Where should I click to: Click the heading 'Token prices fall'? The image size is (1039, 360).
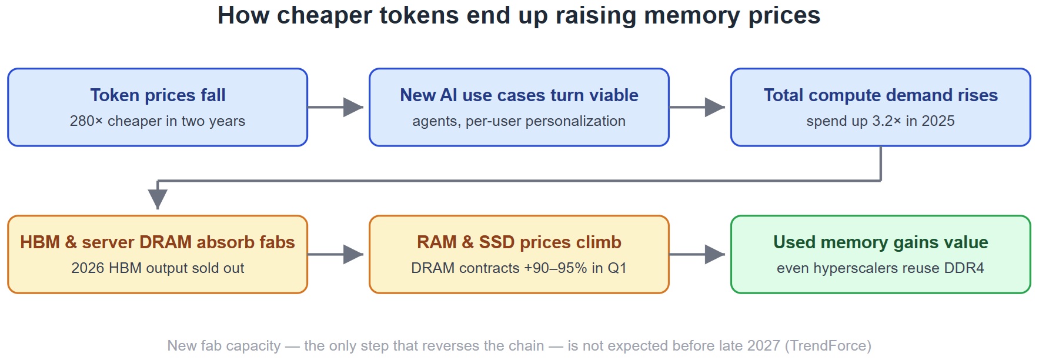pyautogui.click(x=158, y=95)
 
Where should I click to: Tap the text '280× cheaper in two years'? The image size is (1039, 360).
pyautogui.click(x=158, y=121)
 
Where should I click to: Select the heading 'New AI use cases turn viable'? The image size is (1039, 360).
pyautogui.click(x=519, y=95)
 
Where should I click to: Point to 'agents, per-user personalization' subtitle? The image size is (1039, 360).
pyautogui.click(x=519, y=121)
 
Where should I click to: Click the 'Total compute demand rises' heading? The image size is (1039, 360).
pyautogui.click(x=881, y=95)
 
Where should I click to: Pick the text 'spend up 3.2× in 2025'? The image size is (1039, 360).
pyautogui.click(x=881, y=121)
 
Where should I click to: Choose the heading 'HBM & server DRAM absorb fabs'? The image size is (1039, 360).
pyautogui.click(x=158, y=242)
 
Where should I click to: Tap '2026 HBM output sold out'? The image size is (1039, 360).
pyautogui.click(x=158, y=268)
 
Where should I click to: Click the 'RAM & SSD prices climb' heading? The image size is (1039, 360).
pyautogui.click(x=519, y=242)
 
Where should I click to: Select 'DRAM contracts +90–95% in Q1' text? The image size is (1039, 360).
pyautogui.click(x=519, y=268)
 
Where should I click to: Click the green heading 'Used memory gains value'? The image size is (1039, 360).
pyautogui.click(x=881, y=242)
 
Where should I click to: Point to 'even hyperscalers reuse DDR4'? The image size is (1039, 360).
pyautogui.click(x=881, y=268)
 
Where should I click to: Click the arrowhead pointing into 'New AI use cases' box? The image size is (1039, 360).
pyautogui.click(x=353, y=107)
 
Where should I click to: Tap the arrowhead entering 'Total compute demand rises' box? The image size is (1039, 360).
pyautogui.click(x=715, y=107)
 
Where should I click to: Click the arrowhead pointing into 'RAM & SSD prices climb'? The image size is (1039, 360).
pyautogui.click(x=353, y=254)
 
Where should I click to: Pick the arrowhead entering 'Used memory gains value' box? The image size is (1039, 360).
pyautogui.click(x=715, y=254)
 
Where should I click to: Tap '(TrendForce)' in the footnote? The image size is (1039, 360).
pyautogui.click(x=828, y=346)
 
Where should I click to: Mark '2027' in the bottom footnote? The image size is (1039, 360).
pyautogui.click(x=763, y=346)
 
